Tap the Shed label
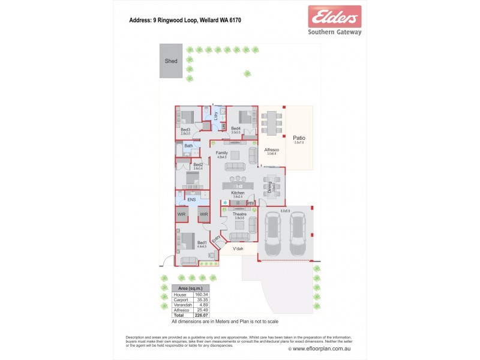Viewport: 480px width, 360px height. pyautogui.click(x=171, y=61)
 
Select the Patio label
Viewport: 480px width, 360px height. pyautogui.click(x=298, y=138)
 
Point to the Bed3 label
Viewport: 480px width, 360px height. pyautogui.click(x=185, y=130)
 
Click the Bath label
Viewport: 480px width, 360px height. pyautogui.click(x=188, y=146)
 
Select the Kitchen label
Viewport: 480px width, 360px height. pyautogui.click(x=237, y=193)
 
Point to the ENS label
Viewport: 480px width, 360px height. pyautogui.click(x=191, y=200)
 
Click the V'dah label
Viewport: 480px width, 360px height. pyautogui.click(x=238, y=248)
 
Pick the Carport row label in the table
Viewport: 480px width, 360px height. pyautogui.click(x=181, y=300)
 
